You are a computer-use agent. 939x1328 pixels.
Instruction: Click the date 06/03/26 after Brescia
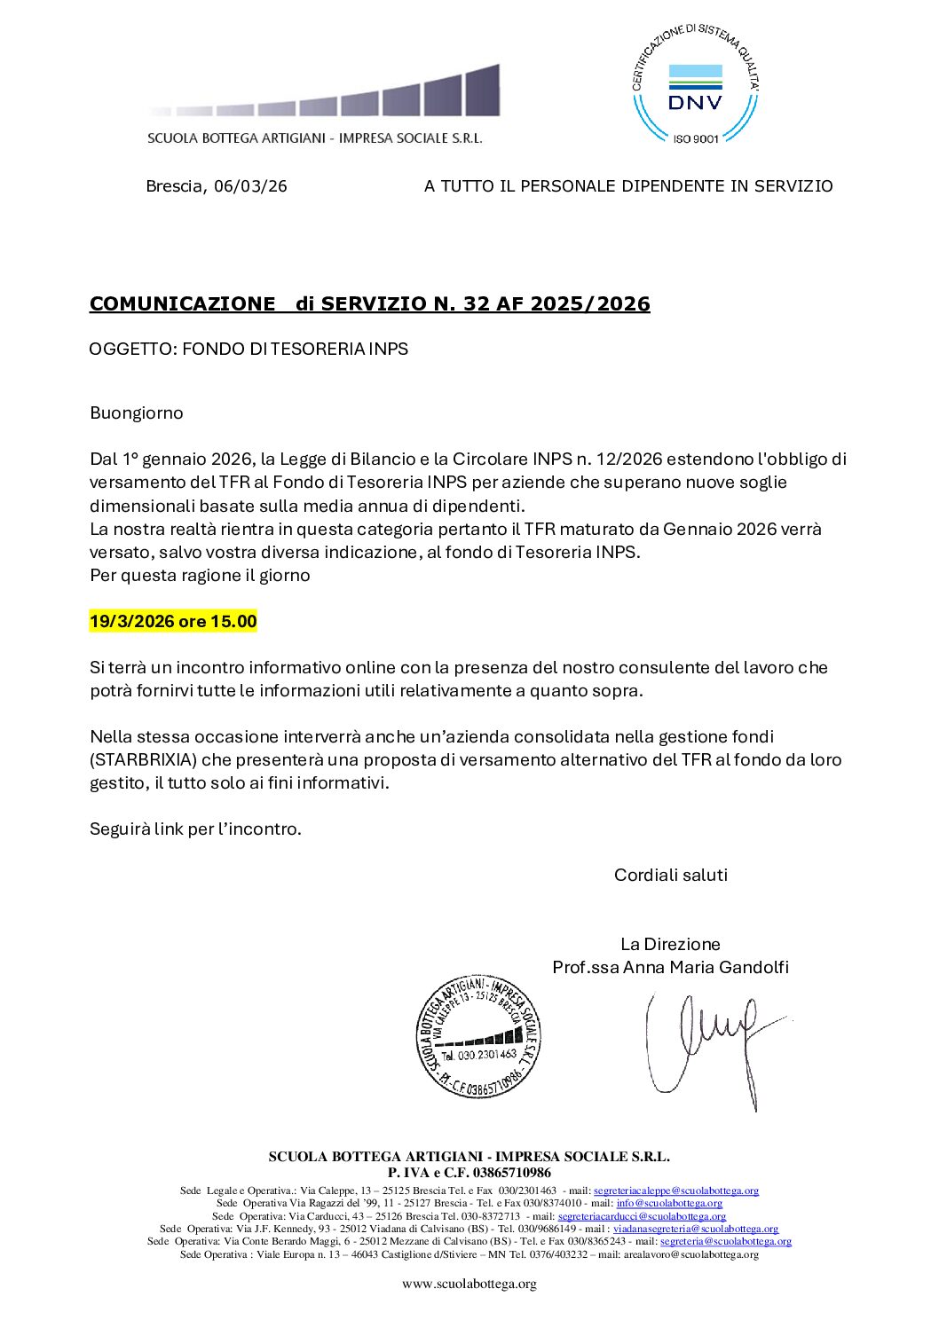coord(250,186)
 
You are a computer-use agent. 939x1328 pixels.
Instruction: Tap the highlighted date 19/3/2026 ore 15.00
coord(173,622)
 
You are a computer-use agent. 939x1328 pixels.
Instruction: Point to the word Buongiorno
coord(137,413)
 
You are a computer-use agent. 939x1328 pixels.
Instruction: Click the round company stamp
coord(478,1036)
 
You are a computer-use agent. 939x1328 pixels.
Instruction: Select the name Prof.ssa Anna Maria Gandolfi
coord(670,968)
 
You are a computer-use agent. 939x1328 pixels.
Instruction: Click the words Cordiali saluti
coord(670,876)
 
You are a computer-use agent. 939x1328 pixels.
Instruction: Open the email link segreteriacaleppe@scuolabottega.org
coord(675,1191)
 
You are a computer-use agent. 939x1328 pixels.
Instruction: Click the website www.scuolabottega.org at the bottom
coord(469,1284)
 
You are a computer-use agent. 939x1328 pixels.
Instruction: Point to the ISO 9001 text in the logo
coord(695,138)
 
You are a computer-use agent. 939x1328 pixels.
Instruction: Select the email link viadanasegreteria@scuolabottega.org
coord(695,1230)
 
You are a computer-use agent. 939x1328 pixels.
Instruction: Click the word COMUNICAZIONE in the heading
coord(182,304)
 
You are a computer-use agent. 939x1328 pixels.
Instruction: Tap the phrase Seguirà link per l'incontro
coord(195,829)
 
